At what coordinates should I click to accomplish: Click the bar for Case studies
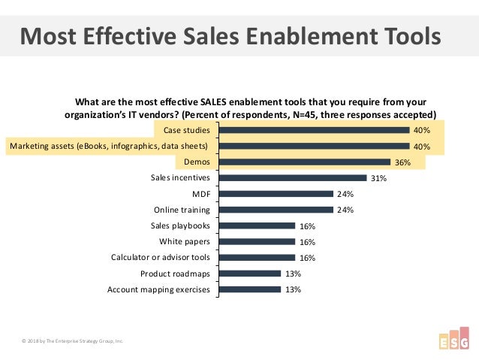[314, 130]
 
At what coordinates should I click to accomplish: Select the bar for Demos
[304, 162]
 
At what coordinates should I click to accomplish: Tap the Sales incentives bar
[292, 178]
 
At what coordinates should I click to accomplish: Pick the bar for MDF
[276, 193]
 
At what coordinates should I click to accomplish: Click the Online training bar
[276, 210]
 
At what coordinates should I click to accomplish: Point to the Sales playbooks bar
[257, 225]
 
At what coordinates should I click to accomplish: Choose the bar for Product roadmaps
[249, 274]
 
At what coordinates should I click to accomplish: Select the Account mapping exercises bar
[249, 289]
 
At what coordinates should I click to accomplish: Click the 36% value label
[402, 162]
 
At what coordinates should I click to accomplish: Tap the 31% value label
[378, 178]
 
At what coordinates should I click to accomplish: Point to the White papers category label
[185, 241]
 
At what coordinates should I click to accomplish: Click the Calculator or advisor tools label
[161, 258]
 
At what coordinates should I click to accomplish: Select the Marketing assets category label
[108, 146]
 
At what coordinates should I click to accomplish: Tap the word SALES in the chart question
[218, 102]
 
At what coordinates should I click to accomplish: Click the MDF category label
[201, 194]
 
